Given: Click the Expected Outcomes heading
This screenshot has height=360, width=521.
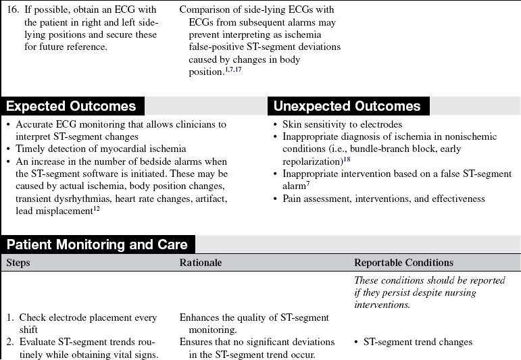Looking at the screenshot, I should [71, 106].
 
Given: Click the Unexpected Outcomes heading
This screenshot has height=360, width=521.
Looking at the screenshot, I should [347, 106].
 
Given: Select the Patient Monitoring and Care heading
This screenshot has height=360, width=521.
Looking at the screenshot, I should [97, 245].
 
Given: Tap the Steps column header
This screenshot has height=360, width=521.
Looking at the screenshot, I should [18, 263].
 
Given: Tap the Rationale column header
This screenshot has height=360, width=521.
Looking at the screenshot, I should [201, 263].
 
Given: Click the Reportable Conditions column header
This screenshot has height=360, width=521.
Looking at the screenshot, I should [403, 263].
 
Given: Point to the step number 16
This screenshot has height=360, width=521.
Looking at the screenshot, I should [12, 10].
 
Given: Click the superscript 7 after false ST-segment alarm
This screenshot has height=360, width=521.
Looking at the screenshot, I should [307, 183].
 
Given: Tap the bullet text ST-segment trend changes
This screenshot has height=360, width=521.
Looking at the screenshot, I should [418, 342].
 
